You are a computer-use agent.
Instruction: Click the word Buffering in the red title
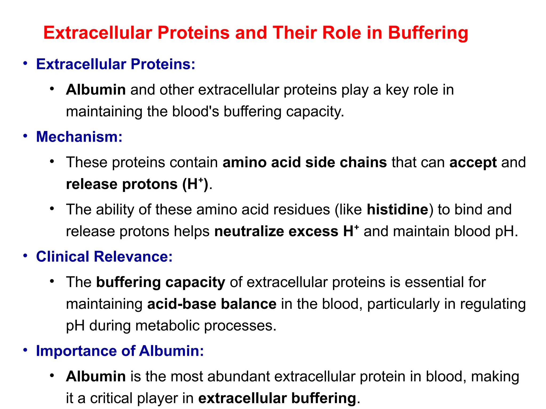tap(428, 33)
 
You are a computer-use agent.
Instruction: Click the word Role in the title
tap(342, 33)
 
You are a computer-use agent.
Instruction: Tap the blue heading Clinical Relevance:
tap(104, 257)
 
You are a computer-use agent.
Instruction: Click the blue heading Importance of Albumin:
tap(120, 351)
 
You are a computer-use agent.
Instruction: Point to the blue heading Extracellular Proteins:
tap(115, 64)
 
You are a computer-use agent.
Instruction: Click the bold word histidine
tap(398, 210)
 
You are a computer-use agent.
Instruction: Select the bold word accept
tap(473, 162)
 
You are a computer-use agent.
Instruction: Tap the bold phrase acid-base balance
tap(212, 304)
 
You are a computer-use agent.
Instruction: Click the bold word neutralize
tap(249, 231)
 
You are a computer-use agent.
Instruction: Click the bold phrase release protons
tap(122, 184)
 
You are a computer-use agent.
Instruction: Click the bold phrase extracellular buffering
tap(277, 398)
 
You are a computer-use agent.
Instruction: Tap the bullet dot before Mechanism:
tap(25, 136)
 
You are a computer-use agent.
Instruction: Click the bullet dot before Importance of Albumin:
tap(25, 350)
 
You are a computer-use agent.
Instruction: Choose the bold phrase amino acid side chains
tap(305, 162)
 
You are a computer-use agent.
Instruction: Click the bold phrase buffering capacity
tap(160, 282)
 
